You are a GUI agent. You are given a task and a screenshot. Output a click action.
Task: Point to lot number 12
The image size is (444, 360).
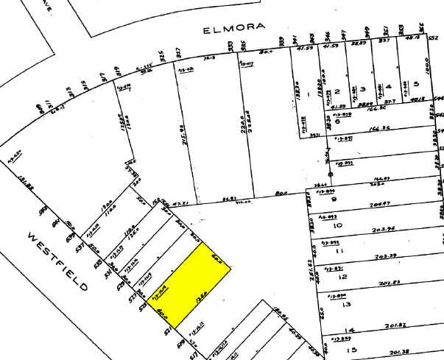click(x=340, y=277)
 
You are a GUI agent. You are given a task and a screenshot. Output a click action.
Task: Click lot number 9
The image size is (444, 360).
click(x=333, y=198)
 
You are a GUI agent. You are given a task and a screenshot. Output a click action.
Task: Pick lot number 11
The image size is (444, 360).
click(x=340, y=251)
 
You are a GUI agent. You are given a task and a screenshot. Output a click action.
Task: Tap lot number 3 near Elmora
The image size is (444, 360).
click(x=362, y=88)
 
